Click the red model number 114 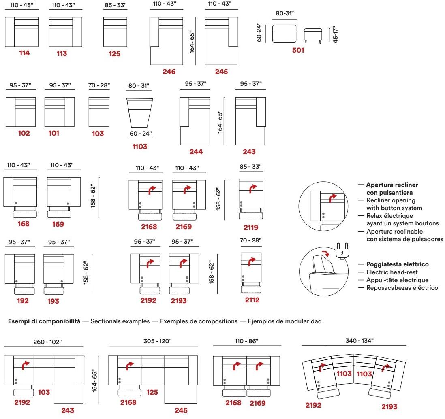point(24,53)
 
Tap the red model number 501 point(298,51)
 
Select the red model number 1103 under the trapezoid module point(140,147)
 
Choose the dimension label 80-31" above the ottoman point(285,13)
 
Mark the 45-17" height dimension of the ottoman point(335,35)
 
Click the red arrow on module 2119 point(253,189)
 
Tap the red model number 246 point(169,72)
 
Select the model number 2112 point(252,300)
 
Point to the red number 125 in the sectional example point(152,392)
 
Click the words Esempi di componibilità point(44,321)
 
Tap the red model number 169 point(58,224)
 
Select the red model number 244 point(196,152)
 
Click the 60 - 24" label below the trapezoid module point(141,133)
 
